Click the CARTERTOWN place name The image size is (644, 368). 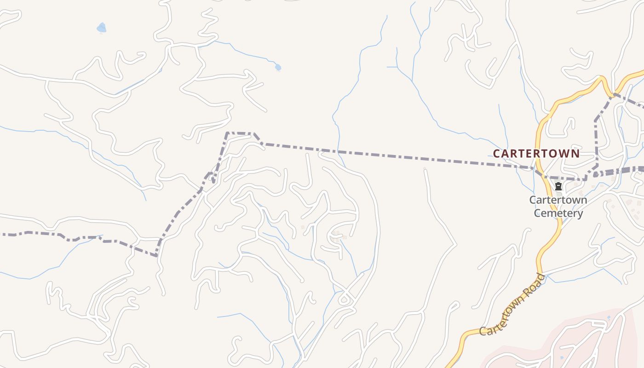coord(536,154)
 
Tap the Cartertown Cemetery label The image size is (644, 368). coord(558,207)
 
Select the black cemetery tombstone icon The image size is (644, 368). coord(558,186)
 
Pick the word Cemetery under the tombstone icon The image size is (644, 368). coord(558,213)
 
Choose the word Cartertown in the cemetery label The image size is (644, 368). coord(558,200)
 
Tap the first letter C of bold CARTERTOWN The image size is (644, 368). coord(497,154)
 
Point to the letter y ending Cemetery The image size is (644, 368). coord(580,214)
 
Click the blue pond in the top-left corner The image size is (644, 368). coord(101,29)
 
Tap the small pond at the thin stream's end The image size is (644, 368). coord(278,68)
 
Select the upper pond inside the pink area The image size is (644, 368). coord(609,317)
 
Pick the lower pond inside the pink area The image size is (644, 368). coord(562,357)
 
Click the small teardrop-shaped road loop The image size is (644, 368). coord(344,300)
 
